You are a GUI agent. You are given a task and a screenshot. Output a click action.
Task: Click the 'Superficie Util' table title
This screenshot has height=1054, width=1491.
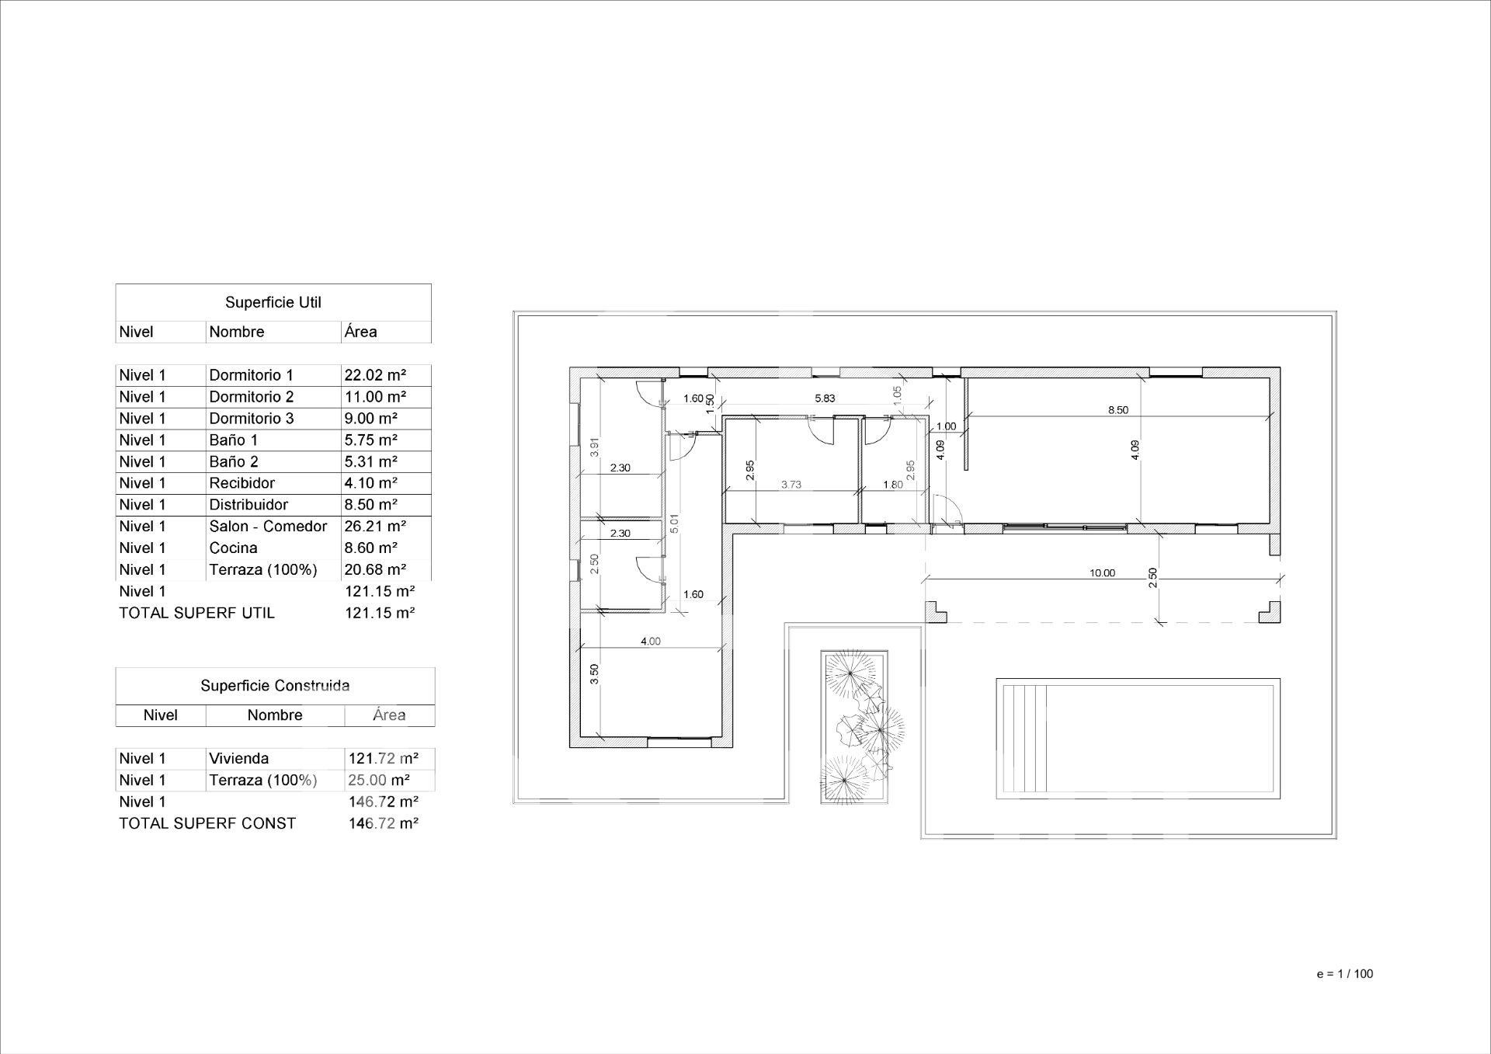click(x=273, y=302)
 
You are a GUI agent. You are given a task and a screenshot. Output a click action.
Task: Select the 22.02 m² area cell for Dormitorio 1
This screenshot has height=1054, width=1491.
click(x=375, y=375)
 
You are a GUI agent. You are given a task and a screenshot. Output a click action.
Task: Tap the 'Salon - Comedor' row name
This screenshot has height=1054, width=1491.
click(x=268, y=527)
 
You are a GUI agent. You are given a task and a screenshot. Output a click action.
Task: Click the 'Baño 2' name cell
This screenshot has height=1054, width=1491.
click(x=233, y=461)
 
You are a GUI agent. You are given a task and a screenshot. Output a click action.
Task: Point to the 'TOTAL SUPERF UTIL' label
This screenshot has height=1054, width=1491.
click(x=196, y=613)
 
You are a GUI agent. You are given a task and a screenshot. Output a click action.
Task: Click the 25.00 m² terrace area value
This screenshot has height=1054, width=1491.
click(x=379, y=780)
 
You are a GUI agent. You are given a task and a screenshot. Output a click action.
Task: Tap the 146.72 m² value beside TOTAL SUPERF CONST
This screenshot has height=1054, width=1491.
click(x=384, y=823)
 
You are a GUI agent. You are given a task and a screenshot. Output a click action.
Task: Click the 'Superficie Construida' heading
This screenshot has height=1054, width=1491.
click(x=275, y=686)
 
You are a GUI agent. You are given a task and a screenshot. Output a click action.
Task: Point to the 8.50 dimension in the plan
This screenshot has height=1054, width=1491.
click(x=1117, y=410)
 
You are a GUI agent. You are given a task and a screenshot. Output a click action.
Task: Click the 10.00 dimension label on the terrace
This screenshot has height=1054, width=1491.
click(x=1102, y=573)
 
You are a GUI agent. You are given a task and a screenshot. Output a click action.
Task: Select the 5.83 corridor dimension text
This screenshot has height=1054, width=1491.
click(x=825, y=398)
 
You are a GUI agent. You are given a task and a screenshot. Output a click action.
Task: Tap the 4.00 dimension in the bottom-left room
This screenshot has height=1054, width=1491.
click(x=650, y=642)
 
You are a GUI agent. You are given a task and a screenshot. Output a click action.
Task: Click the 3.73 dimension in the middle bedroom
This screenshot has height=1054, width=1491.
click(x=791, y=485)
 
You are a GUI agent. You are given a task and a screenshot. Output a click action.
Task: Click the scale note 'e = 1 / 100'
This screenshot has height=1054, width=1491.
click(x=1345, y=974)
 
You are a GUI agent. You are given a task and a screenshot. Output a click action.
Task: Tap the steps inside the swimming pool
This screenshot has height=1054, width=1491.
click(x=1024, y=739)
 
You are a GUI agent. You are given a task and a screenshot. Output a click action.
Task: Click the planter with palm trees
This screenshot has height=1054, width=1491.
click(x=855, y=728)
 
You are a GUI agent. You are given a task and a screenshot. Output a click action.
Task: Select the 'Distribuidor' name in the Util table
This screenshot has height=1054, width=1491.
click(x=248, y=505)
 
